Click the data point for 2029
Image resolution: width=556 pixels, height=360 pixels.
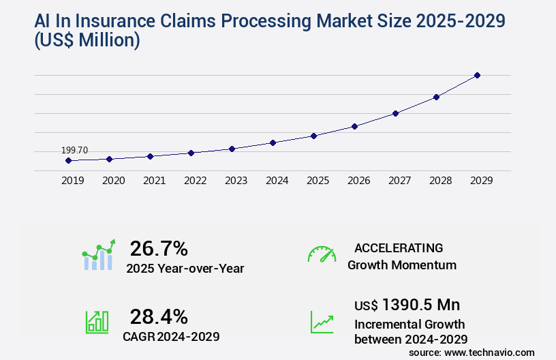coord(477,75)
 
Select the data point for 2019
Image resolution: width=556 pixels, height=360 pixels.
coord(68,161)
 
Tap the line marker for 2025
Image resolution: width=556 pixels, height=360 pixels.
coord(313,136)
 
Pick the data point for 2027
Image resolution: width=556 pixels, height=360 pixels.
coord(395,113)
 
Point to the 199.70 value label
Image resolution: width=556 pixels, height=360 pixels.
coord(74,150)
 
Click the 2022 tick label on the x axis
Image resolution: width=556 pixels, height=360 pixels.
coord(195,181)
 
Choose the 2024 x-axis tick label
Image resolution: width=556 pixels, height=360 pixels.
coord(277,181)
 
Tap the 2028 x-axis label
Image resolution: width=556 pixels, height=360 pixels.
coord(440,181)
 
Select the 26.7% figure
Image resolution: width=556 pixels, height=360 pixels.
coord(159,248)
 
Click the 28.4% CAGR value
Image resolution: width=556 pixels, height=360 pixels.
coord(159,316)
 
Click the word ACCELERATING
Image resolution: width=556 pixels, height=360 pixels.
coord(399,247)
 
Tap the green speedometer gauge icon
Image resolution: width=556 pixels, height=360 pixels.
coord(322,254)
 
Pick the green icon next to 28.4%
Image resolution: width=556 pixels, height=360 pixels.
coord(97,322)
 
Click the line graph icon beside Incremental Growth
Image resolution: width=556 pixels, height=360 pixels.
coord(322,322)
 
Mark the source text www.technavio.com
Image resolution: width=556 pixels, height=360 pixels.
coord(490,352)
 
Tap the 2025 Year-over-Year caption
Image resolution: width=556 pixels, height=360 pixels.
coord(185,269)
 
